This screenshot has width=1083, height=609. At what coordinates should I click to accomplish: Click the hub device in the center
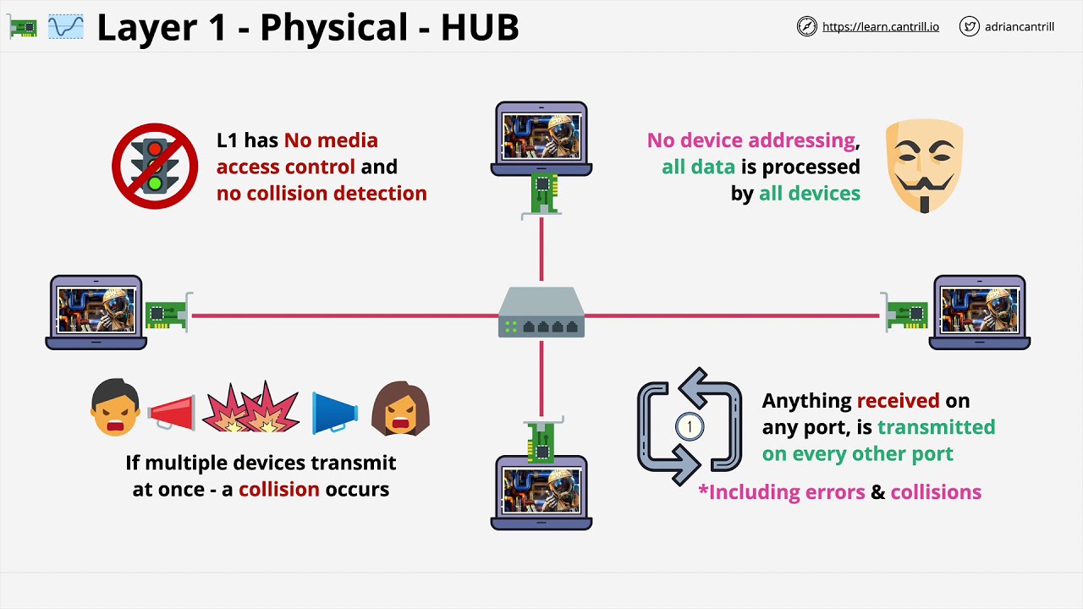tap(541, 313)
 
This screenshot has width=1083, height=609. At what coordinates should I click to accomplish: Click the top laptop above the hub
tap(541, 138)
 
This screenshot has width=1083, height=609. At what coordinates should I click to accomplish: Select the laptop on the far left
tap(96, 312)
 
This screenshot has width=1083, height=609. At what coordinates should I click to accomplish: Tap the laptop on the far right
tap(980, 312)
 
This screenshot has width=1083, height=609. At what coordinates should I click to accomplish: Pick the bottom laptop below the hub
tap(541, 492)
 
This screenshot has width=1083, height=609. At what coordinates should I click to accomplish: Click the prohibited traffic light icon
tap(155, 166)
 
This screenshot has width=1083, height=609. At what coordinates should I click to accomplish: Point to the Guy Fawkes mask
tap(924, 166)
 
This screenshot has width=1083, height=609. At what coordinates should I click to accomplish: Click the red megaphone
tap(172, 411)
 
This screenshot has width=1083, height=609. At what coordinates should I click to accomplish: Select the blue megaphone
tap(335, 411)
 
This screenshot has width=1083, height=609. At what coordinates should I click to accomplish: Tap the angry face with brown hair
tap(401, 409)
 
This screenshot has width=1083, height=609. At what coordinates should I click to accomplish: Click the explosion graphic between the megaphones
tap(251, 409)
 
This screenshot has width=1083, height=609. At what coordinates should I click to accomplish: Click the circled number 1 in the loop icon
tap(690, 426)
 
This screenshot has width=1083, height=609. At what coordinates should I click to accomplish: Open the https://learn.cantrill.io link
tap(880, 27)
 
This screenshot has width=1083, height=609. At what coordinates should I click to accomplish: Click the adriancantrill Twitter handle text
tap(1019, 27)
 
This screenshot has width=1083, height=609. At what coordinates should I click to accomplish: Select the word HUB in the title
tap(479, 28)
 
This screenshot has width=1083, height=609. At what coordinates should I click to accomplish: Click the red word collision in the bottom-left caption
tap(279, 490)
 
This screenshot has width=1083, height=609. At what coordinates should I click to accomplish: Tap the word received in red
tap(898, 401)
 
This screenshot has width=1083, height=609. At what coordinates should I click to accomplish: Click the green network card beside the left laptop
tap(167, 314)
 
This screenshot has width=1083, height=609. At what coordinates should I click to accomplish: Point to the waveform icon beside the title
tap(66, 27)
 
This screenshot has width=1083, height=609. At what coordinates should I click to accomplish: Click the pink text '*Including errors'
tap(781, 492)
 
